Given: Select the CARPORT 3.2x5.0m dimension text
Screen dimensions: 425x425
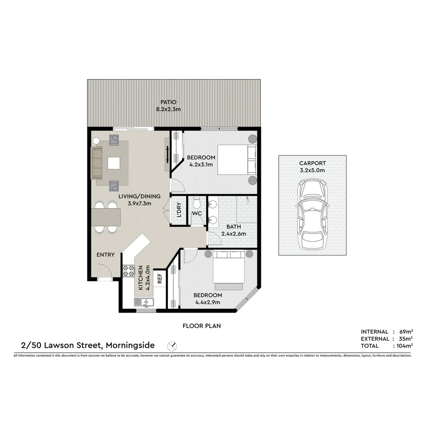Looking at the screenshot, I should point(312,170).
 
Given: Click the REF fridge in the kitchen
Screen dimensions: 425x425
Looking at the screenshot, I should point(160,279).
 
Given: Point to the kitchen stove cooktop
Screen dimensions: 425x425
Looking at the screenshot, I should point(129,270).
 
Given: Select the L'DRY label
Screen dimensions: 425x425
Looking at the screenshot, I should point(179,210).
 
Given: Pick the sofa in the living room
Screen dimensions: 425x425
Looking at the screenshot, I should point(96,163).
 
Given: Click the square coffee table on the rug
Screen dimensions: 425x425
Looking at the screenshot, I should point(114,163).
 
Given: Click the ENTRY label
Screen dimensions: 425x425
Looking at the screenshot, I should point(105,255).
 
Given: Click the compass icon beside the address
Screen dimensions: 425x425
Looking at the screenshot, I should point(172,346).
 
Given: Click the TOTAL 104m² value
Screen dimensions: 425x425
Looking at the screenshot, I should point(403,346).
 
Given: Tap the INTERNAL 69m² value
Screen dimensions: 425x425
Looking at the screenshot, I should point(404,332).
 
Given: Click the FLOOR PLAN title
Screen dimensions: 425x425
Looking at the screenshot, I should point(201,326).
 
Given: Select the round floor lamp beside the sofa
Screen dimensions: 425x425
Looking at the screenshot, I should point(96,140).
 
